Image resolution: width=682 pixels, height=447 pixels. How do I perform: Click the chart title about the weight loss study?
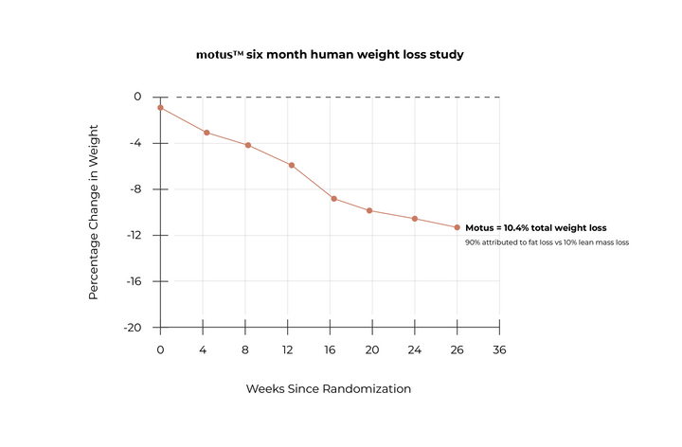[329, 55]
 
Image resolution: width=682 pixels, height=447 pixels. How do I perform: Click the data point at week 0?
[160, 108]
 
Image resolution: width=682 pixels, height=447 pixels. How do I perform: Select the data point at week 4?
[206, 133]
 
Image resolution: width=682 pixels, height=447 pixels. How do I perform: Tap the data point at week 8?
[248, 145]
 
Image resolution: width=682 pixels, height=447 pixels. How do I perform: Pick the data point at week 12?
[292, 165]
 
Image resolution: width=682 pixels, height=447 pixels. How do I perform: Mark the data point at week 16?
[334, 198]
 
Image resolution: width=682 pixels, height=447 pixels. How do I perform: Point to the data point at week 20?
[369, 210]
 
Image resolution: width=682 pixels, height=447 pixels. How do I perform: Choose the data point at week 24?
[415, 219]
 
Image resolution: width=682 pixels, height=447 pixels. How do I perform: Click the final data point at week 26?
[458, 227]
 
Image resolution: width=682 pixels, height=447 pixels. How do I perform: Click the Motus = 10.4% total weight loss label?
[535, 228]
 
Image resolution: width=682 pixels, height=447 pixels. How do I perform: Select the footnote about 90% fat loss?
[547, 243]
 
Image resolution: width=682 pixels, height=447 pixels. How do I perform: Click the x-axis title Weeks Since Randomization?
[329, 388]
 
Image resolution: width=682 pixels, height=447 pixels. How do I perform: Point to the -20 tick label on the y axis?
[132, 328]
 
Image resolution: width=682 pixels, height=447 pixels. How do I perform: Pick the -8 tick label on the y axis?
[135, 189]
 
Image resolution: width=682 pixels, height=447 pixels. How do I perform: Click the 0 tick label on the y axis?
[137, 97]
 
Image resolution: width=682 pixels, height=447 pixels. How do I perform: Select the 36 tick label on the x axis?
[499, 349]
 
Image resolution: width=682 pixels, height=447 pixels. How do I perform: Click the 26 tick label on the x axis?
[458, 349]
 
